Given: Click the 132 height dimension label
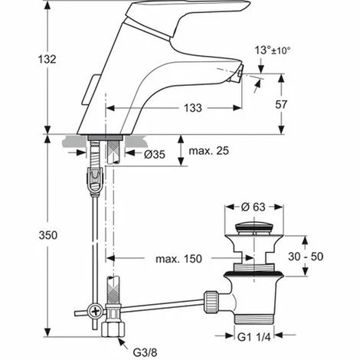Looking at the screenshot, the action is click(x=47, y=59).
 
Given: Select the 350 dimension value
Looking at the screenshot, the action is click(x=48, y=235).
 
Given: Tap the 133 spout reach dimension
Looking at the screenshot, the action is click(x=193, y=108).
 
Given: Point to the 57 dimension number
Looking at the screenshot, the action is click(x=281, y=104).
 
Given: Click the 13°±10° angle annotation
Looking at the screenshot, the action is click(x=273, y=50).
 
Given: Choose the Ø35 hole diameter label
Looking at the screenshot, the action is click(x=155, y=154).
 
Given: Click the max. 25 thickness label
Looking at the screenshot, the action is click(x=208, y=151).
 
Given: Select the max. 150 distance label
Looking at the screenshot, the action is click(x=178, y=259).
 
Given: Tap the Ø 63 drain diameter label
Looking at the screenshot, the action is click(x=254, y=207).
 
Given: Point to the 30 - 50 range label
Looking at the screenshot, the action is click(x=306, y=257).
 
